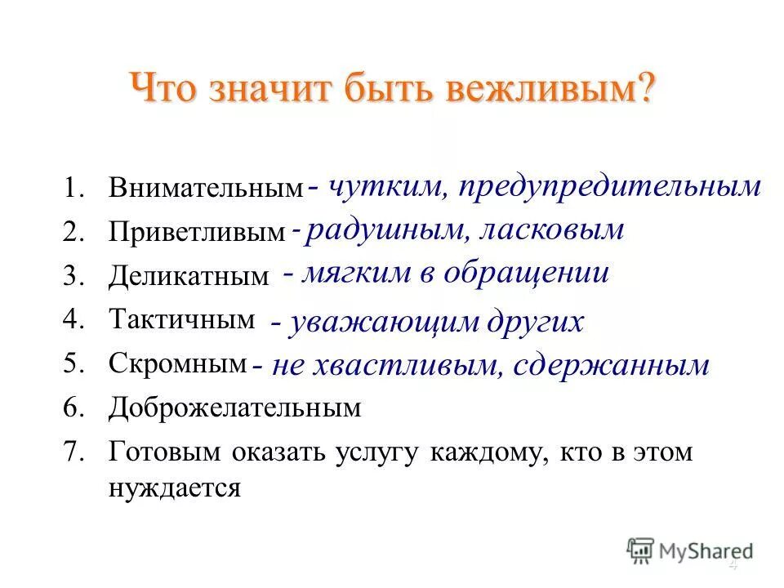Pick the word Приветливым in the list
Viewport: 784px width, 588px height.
point(197,234)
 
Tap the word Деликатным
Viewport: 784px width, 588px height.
point(188,278)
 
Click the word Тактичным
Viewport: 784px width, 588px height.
point(181,320)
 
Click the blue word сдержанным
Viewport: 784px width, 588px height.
point(612,366)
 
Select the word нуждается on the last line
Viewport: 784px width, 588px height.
point(174,488)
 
